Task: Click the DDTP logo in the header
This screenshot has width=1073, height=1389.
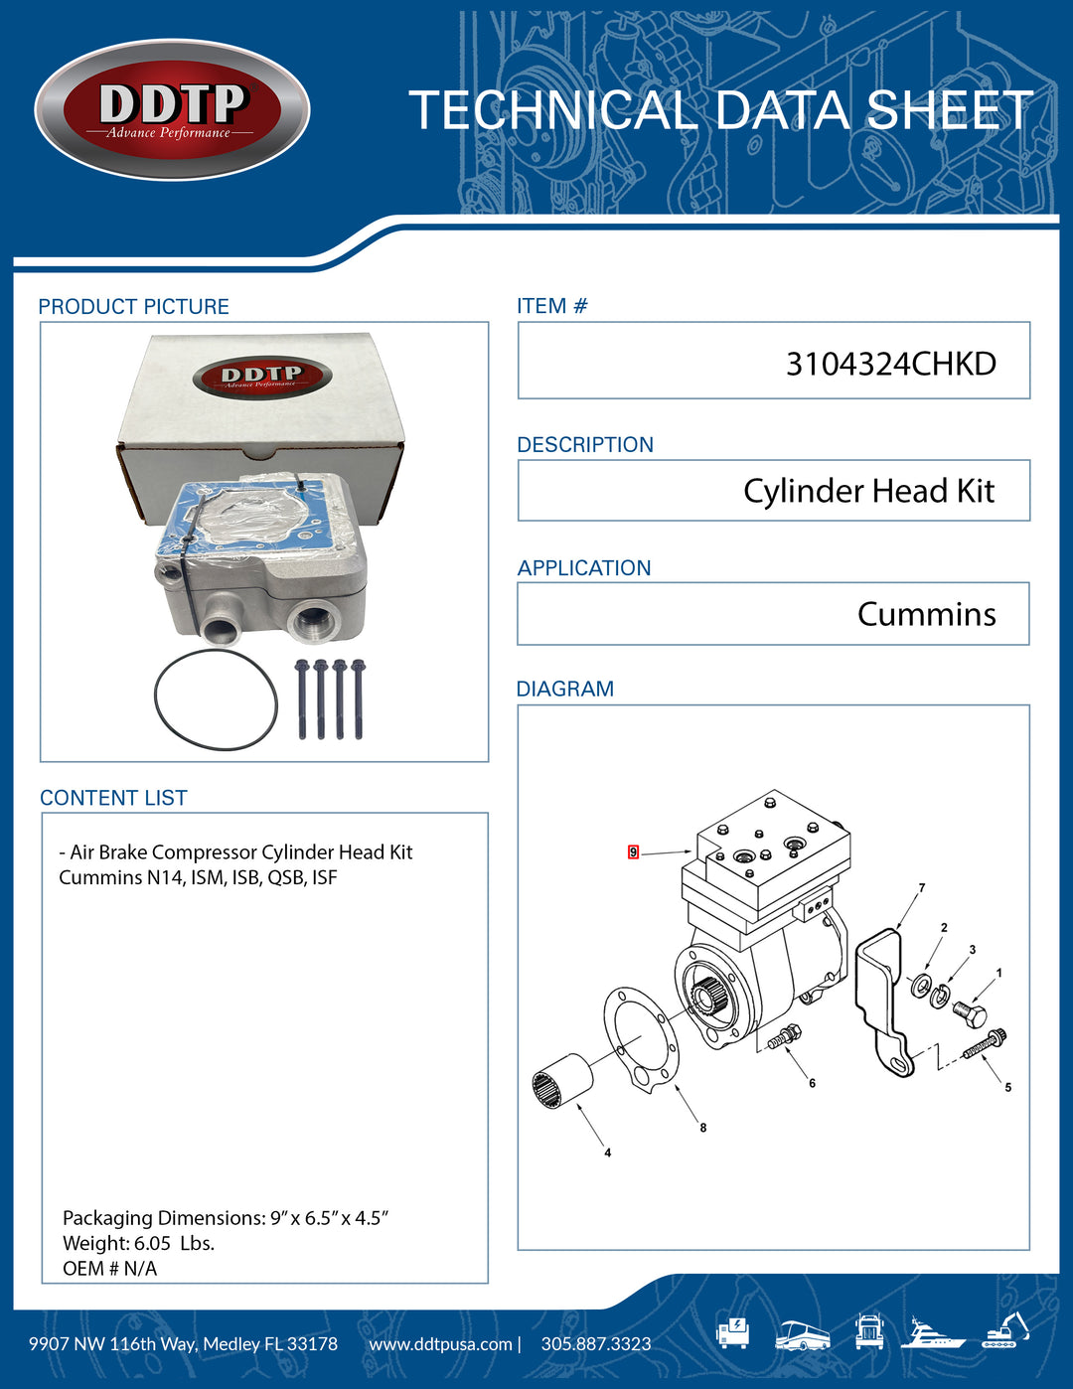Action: tap(172, 110)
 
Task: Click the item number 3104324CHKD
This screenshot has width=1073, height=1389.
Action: tap(890, 364)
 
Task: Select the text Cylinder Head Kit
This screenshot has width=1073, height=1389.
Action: tap(868, 491)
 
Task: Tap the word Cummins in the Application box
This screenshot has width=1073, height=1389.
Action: tap(926, 614)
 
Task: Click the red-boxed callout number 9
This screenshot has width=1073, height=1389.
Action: tap(633, 852)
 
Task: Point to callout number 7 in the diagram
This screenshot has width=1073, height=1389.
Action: tap(922, 888)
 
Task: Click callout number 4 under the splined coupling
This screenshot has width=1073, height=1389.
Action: tap(608, 1153)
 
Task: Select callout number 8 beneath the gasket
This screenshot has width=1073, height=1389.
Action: tap(703, 1128)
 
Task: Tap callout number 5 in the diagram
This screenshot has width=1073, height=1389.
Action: tap(1007, 1088)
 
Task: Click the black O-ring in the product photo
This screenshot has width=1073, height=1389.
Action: tap(216, 699)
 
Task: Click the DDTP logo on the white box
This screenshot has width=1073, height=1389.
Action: tap(261, 378)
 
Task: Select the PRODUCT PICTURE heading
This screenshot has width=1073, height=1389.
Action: tap(133, 307)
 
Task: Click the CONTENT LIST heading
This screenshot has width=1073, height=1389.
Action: tap(113, 798)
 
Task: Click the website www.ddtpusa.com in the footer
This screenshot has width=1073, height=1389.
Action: tap(440, 1344)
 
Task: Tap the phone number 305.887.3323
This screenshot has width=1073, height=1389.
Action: tap(596, 1344)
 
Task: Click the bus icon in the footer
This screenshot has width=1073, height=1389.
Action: tap(802, 1334)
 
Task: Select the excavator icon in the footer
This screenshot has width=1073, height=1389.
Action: tap(1004, 1330)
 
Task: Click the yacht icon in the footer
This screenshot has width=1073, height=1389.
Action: tap(933, 1333)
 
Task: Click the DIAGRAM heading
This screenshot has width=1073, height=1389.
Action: tap(564, 689)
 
